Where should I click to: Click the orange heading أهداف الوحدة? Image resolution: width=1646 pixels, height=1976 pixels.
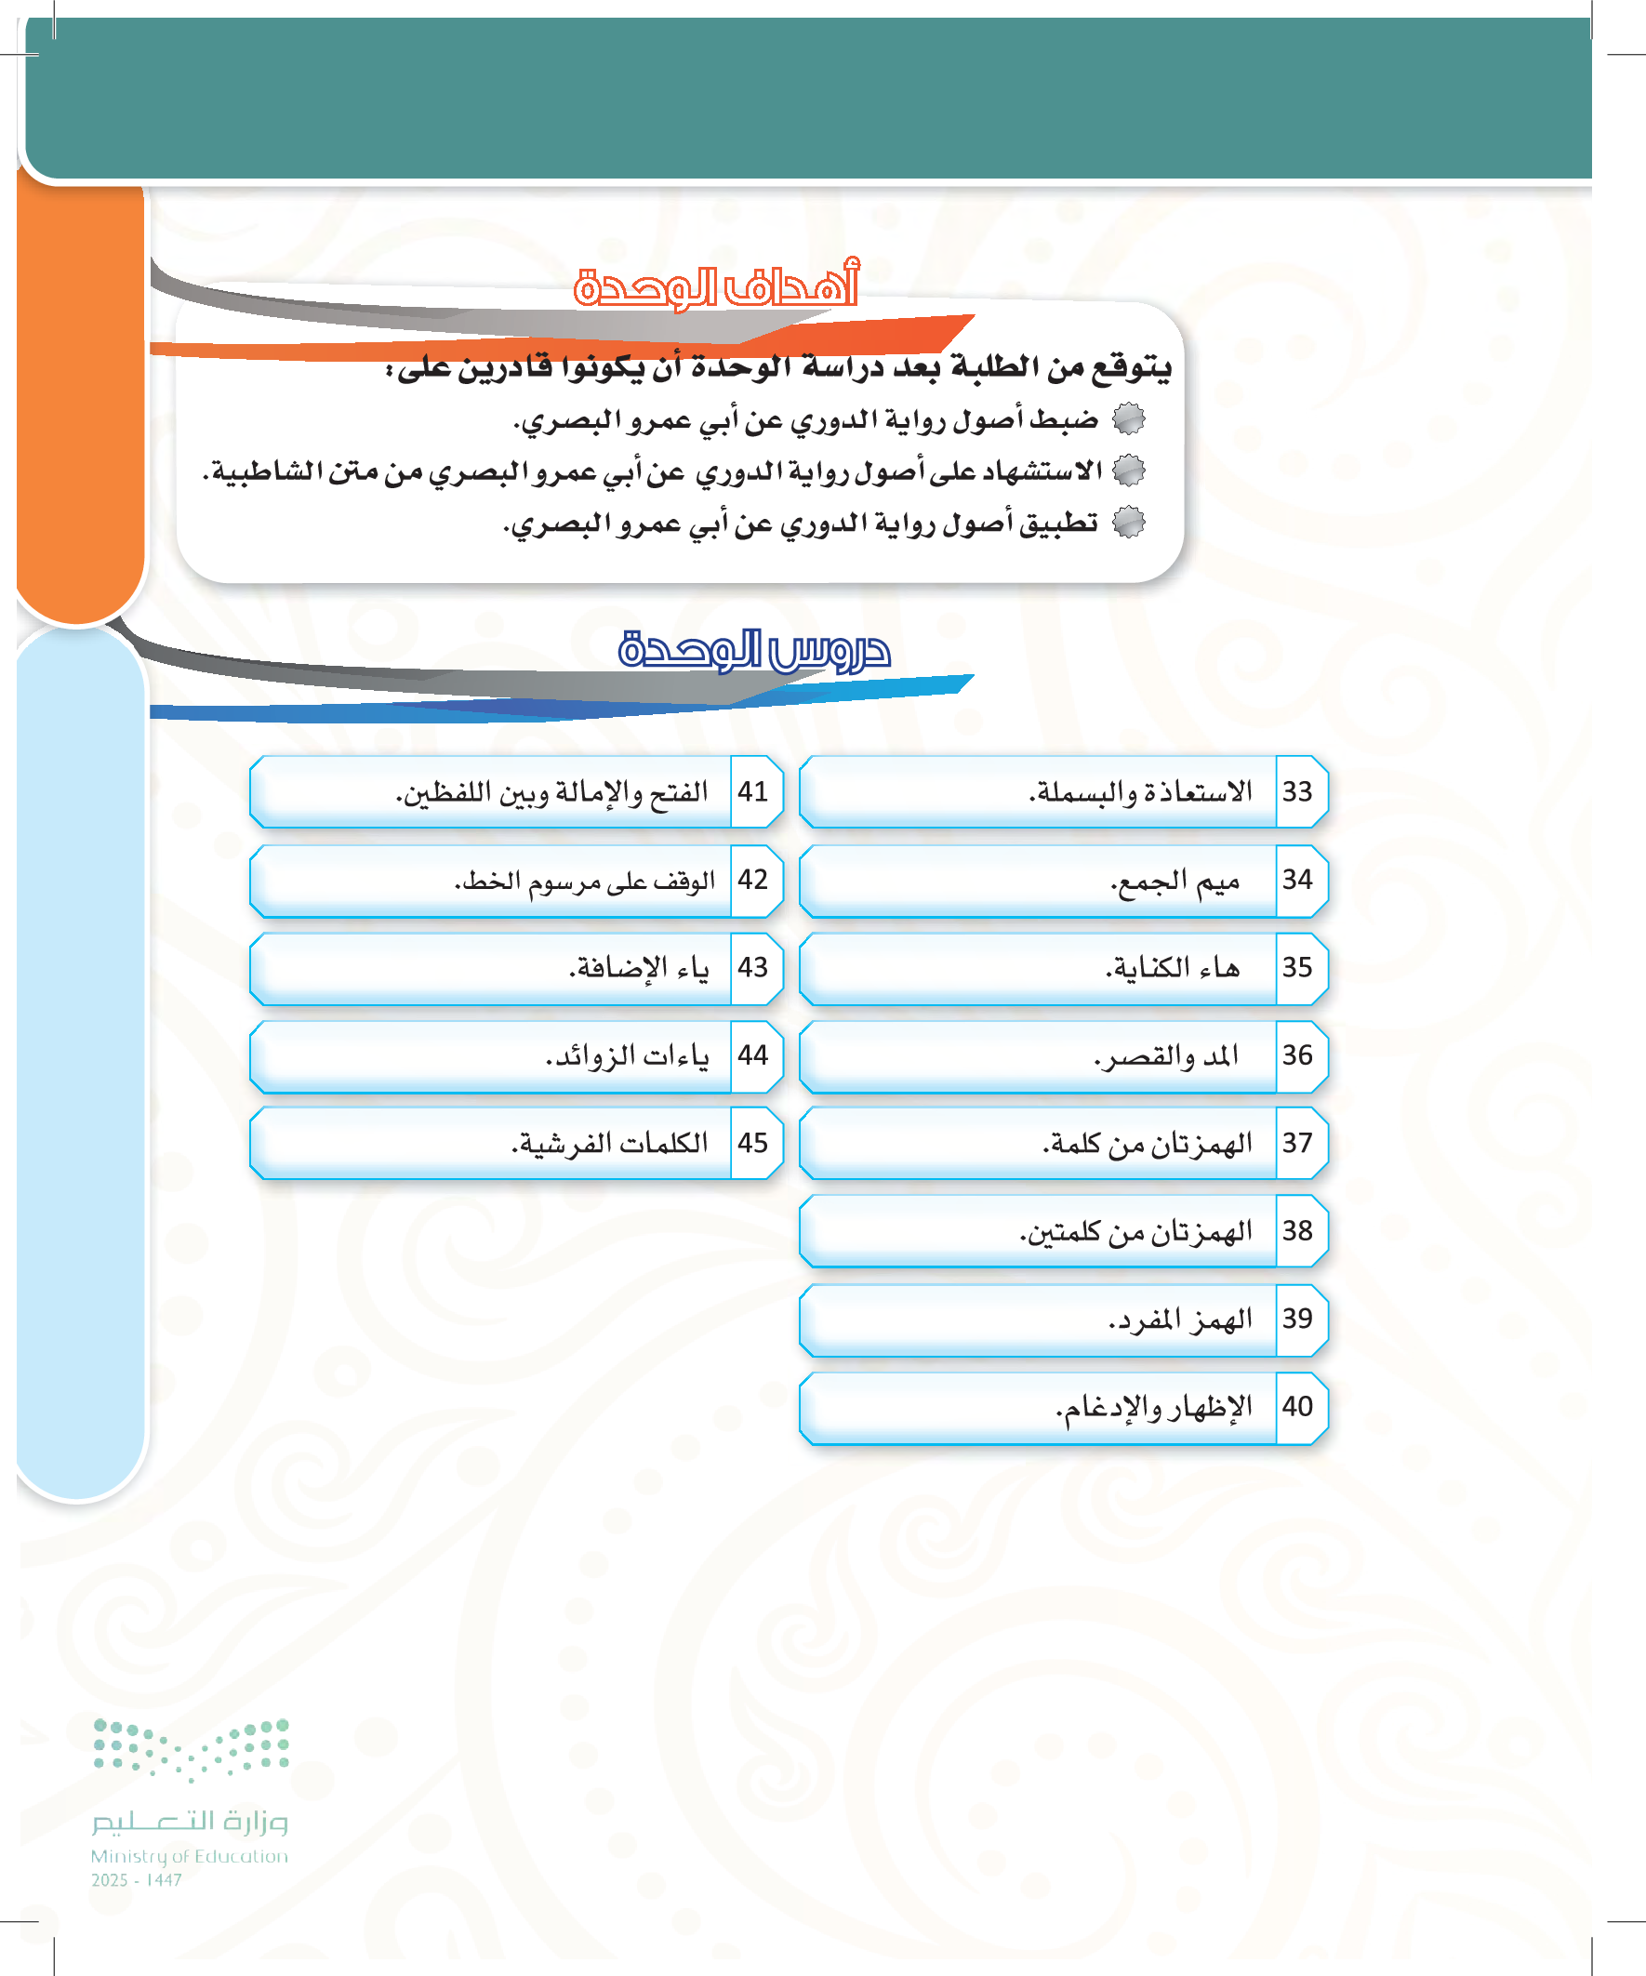716,286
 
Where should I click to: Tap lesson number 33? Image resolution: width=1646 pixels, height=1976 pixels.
1297,791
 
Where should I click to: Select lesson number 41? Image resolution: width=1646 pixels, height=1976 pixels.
753,791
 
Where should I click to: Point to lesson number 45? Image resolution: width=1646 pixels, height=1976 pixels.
753,1142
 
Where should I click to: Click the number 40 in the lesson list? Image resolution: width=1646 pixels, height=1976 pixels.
1297,1406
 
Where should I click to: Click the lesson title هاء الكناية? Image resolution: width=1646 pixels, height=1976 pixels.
1173,967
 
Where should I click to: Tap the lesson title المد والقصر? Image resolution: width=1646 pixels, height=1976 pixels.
1166,1055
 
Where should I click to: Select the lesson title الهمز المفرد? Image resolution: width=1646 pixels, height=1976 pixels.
1180,1320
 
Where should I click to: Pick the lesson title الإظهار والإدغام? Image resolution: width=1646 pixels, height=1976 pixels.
1154,1407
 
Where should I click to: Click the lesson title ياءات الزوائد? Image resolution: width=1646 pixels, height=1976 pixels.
627,1055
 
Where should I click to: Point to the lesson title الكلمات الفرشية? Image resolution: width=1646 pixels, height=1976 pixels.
610,1142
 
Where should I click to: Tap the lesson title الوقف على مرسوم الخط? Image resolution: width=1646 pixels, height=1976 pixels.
584,881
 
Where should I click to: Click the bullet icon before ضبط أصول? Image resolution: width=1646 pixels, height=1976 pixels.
1128,418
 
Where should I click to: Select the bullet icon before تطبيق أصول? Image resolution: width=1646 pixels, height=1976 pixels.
1128,523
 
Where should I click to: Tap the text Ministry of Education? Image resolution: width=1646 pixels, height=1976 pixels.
189,1855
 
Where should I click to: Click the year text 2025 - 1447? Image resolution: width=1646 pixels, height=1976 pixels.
137,1880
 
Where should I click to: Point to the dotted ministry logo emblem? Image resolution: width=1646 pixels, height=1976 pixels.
191,1748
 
